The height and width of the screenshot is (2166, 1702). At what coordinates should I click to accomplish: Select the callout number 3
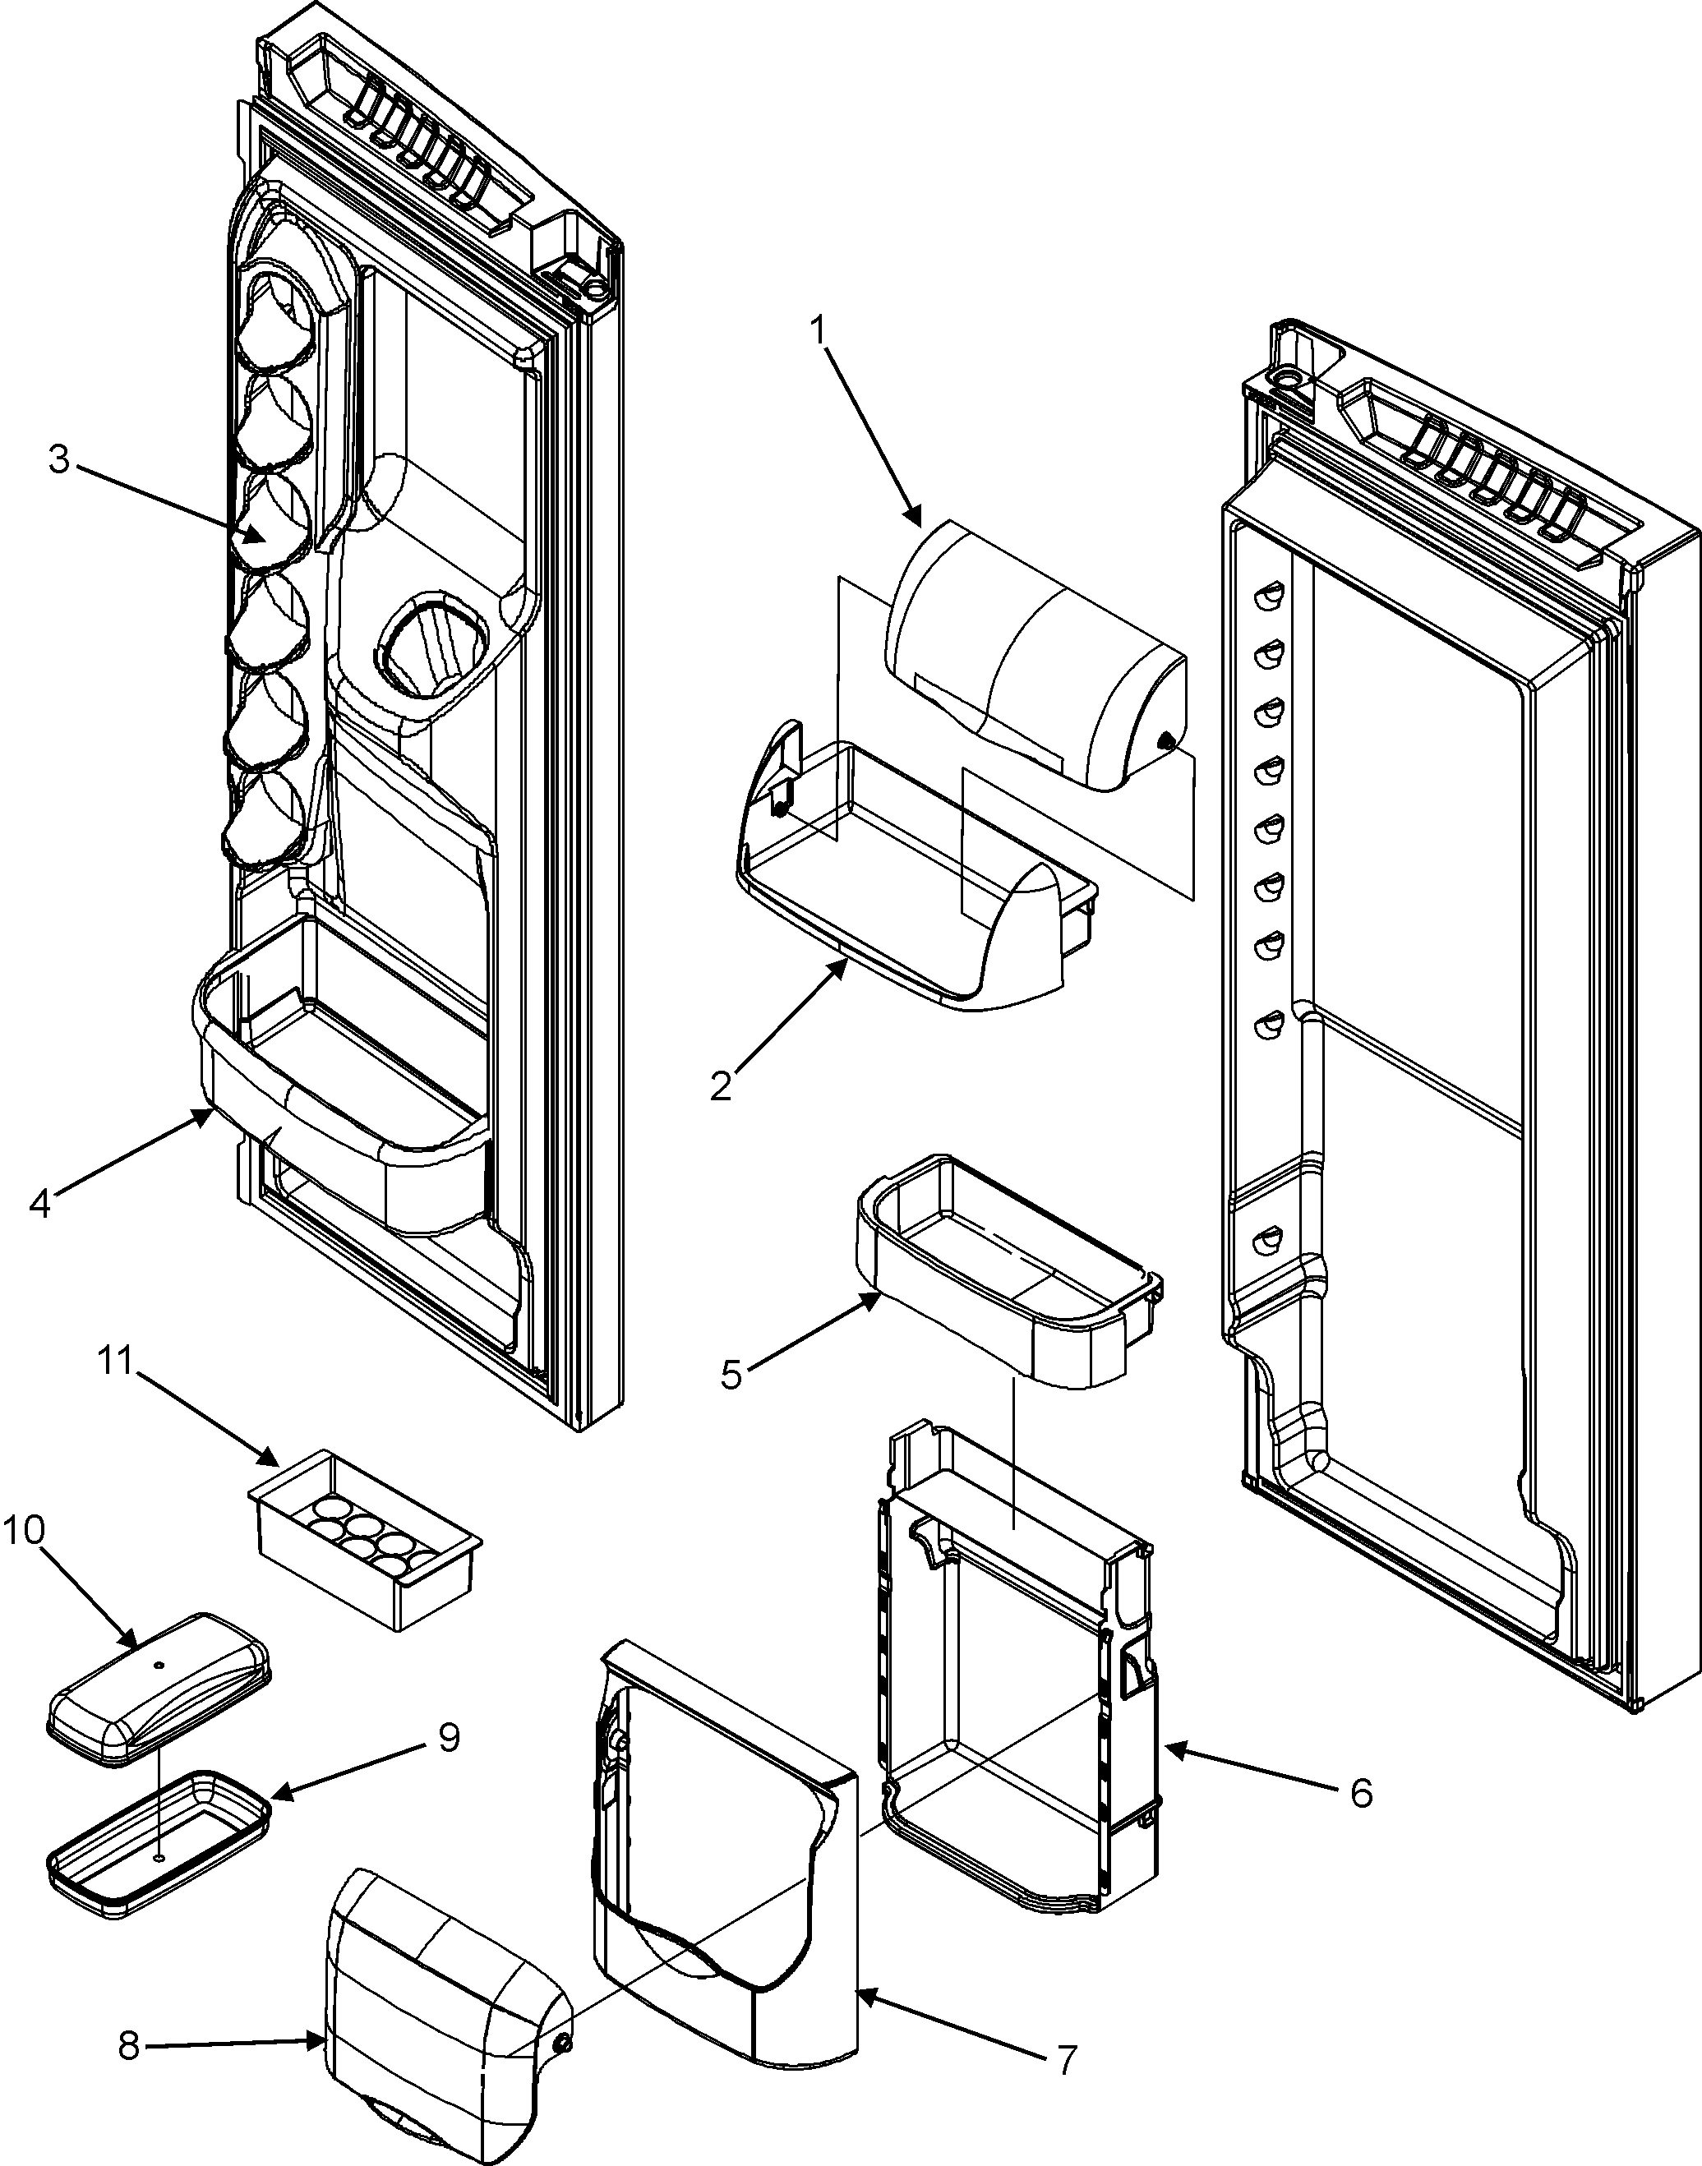click(59, 461)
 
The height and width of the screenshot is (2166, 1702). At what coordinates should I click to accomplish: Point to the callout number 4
click(40, 1203)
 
